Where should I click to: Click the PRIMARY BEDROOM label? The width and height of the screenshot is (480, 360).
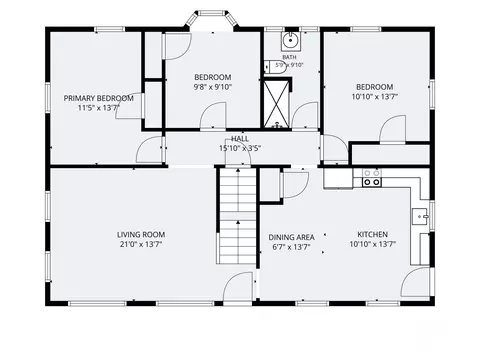coord(99,98)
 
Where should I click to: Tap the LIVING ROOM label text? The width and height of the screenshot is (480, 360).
coord(141,235)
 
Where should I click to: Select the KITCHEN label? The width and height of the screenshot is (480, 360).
coord(373,234)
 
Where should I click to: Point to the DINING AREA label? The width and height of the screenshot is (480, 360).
coord(291,237)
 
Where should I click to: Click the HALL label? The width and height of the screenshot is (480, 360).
coord(240,139)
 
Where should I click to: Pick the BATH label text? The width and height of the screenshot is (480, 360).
coord(289,57)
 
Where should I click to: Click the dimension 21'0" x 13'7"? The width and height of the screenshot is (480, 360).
coord(141,244)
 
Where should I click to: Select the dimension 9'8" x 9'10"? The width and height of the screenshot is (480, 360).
coord(213,87)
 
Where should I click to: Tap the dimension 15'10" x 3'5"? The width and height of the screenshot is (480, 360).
coord(240,148)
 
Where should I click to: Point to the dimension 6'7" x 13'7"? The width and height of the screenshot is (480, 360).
coord(291,247)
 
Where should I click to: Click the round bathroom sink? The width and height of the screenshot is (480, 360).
coord(291,41)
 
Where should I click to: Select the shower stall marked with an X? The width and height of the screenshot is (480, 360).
coord(276,103)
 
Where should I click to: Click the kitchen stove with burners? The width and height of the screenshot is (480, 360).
coord(372,178)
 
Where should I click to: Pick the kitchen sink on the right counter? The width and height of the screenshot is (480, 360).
coord(419,217)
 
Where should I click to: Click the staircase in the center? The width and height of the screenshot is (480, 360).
coord(237,216)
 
